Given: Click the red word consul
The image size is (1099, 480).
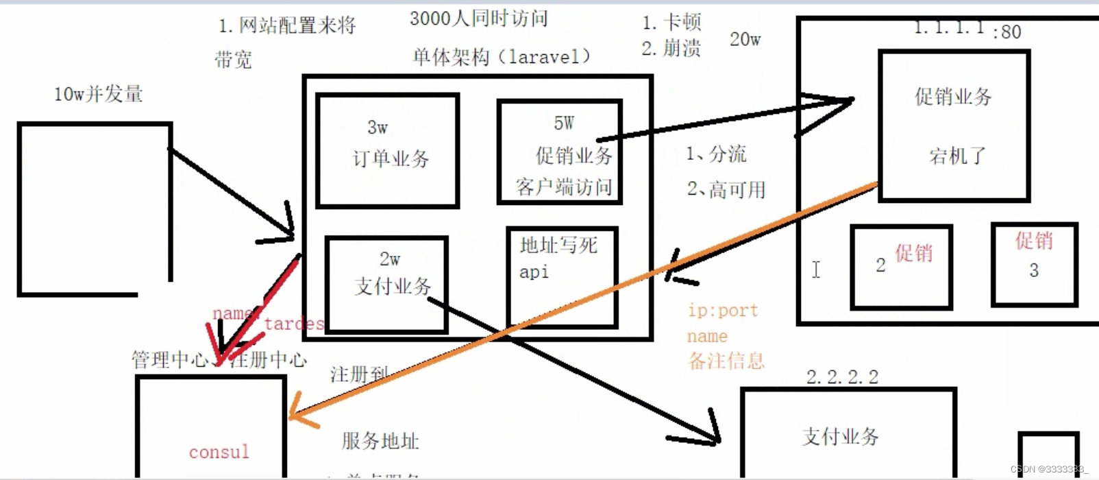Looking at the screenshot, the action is [x=219, y=452].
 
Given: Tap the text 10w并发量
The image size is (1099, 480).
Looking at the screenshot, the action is [x=99, y=94].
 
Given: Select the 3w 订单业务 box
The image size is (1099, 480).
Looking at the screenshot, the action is [x=388, y=150].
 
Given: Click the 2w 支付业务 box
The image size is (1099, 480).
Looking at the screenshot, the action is [x=387, y=284].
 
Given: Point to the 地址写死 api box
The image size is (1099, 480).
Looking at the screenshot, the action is [x=562, y=277].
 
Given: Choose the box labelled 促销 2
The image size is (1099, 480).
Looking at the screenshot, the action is [x=901, y=267].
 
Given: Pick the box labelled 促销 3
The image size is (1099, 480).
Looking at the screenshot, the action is [x=1035, y=264].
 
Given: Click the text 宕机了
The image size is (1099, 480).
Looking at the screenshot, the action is [x=957, y=156].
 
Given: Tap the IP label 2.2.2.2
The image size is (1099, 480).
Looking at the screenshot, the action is [x=842, y=376].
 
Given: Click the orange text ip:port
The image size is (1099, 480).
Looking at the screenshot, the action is [x=723, y=311].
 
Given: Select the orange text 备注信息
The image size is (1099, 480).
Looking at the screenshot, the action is [x=726, y=361].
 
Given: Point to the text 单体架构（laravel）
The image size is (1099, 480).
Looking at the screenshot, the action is [x=501, y=57].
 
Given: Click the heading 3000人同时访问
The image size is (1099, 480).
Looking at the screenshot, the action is [x=479, y=19].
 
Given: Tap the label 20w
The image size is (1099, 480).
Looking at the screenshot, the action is [x=745, y=40].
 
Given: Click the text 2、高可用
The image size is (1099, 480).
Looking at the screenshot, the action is [x=726, y=189].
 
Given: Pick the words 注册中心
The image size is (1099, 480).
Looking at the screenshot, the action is [x=269, y=359].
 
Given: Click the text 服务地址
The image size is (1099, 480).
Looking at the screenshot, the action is [x=380, y=441].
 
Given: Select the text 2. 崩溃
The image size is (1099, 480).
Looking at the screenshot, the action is [x=671, y=49].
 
